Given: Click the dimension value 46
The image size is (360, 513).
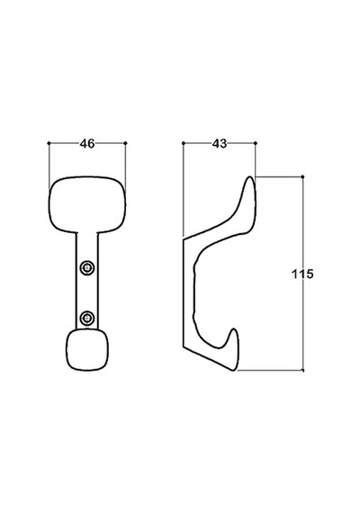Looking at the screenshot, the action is pos(87,143).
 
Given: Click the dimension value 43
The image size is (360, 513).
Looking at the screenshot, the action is pos(220,143).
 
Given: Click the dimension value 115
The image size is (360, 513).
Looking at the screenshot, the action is pos(302,274).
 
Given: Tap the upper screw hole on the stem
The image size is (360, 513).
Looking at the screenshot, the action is pos(87,267).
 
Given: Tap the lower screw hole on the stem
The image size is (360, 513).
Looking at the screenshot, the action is pos(87,318).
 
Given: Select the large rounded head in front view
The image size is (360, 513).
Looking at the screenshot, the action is pos(87,204).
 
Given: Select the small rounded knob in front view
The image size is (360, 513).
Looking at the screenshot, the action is pos(87,350).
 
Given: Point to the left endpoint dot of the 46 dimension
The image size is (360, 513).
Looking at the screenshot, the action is pos(49,143).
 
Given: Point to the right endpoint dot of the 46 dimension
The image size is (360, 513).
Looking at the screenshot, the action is pos(126,143).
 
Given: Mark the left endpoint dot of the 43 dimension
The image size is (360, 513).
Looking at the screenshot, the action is pos(184,143).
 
